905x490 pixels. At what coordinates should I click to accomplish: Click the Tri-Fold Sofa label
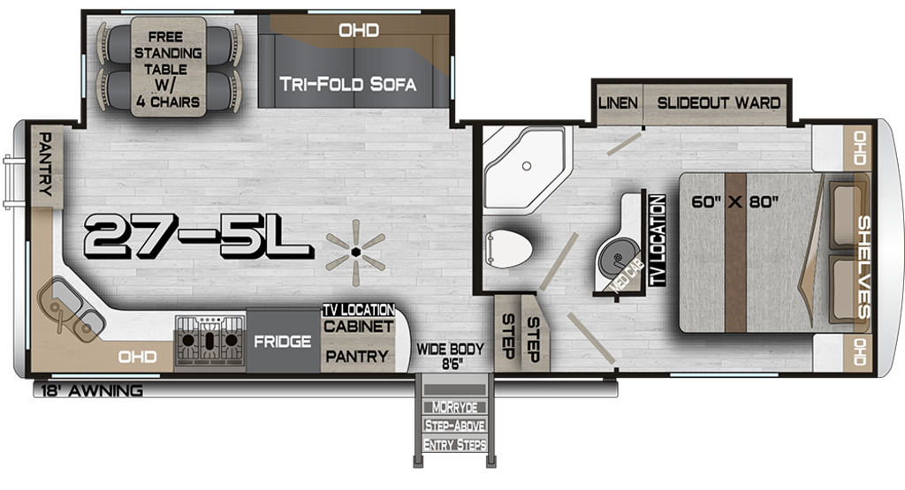[347, 84]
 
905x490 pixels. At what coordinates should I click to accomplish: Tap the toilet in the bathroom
[508, 248]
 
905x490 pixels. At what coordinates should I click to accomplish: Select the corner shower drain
[526, 166]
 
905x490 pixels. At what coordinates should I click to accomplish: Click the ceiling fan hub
[355, 252]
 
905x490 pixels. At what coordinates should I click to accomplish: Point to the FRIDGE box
[283, 342]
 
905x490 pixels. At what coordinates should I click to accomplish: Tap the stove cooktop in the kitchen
[210, 343]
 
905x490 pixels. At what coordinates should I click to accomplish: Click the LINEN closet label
[618, 103]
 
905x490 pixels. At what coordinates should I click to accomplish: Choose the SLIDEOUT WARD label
[719, 103]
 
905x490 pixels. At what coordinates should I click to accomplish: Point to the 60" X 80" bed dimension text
[734, 202]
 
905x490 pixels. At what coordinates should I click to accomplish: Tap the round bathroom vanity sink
[616, 258]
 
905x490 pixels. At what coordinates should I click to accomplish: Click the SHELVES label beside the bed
[863, 267]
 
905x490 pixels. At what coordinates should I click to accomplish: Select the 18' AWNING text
[92, 391]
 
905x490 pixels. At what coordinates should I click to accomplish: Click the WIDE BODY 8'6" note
[450, 357]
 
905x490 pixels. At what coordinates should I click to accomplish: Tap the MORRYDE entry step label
[455, 408]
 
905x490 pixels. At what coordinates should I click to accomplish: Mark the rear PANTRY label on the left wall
[45, 163]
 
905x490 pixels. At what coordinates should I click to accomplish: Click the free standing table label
[167, 69]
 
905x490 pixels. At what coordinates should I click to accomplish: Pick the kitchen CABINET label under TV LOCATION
[358, 327]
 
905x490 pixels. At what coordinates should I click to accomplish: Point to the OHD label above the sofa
[359, 30]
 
